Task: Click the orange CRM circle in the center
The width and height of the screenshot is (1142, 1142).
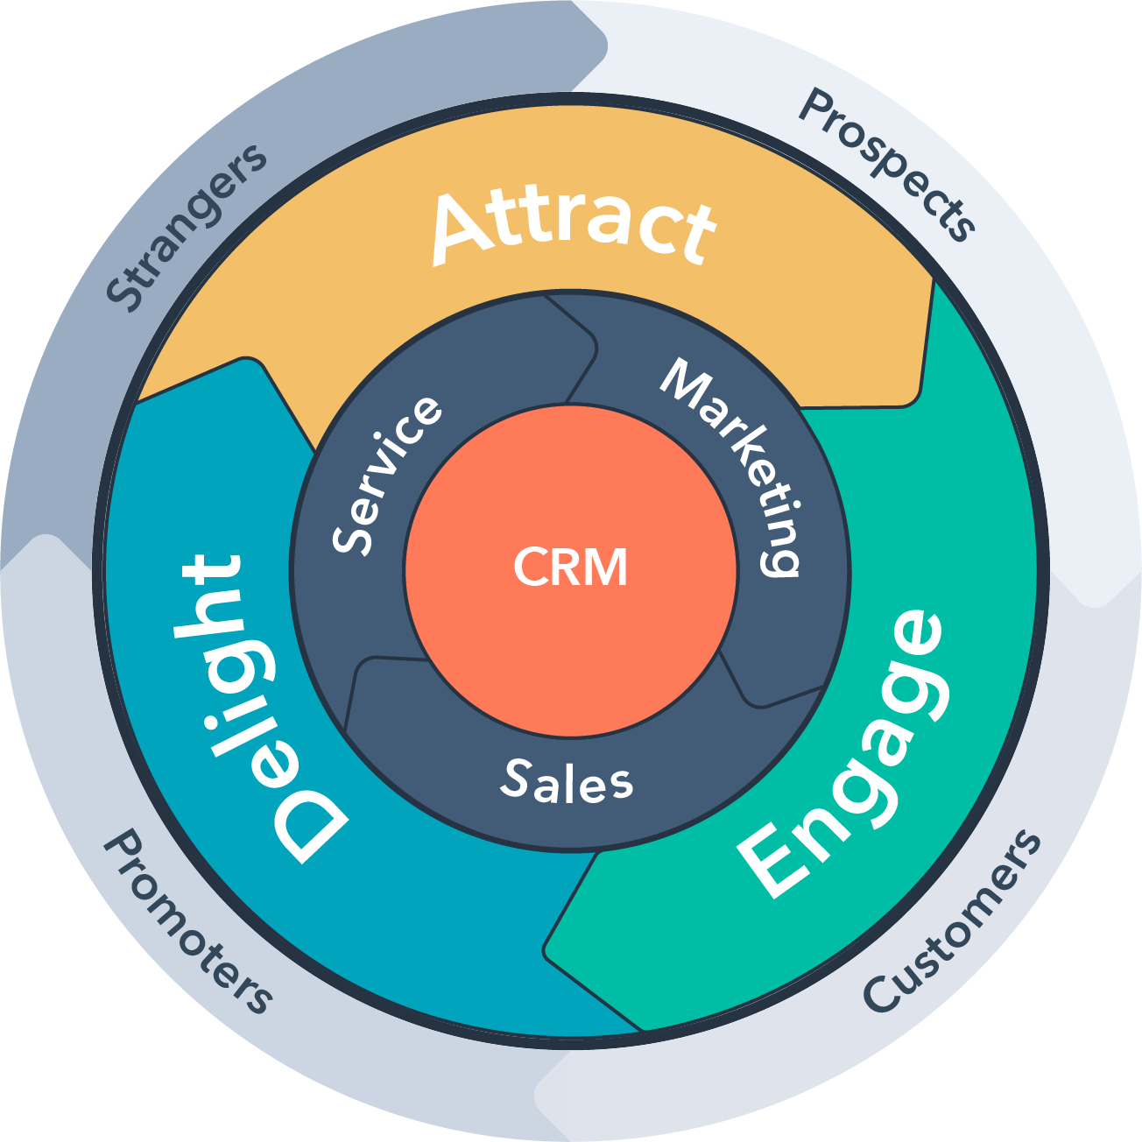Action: pyautogui.click(x=570, y=569)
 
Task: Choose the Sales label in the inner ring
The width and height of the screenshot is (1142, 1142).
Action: pyautogui.click(x=567, y=781)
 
